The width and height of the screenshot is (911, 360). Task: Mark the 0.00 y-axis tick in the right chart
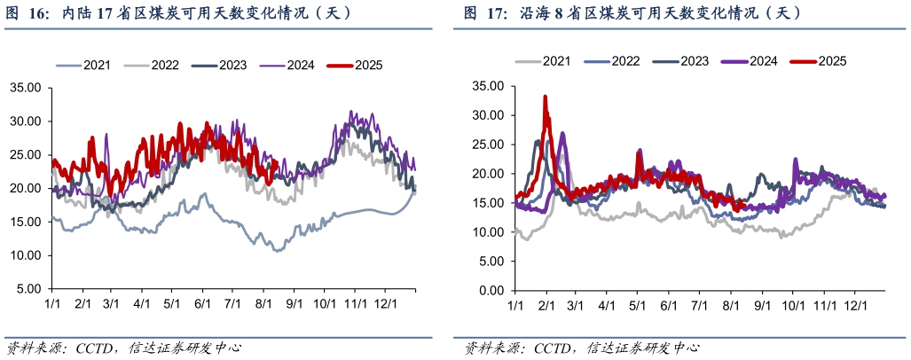click(489, 291)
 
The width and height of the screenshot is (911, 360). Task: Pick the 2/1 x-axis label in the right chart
click(545, 306)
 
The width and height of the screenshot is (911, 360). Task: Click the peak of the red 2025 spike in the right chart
click(545, 96)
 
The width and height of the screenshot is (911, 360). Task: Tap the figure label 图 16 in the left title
click(24, 14)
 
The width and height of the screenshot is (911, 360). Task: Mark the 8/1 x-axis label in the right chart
click(731, 306)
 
